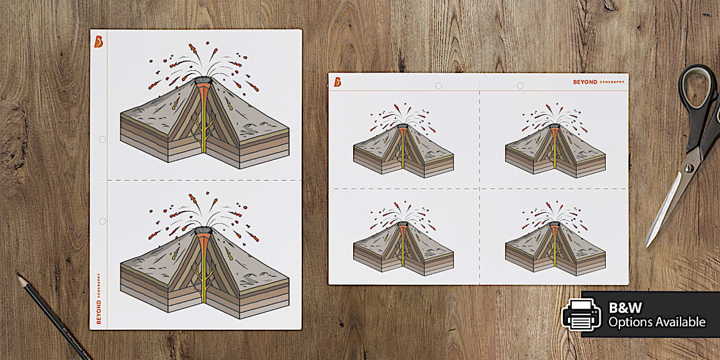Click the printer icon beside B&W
coord(581,315)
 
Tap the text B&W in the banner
coord(625,307)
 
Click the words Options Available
coord(657,322)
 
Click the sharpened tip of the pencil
coord(18,275)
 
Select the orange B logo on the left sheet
coord(99,42)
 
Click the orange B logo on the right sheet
coord(338,82)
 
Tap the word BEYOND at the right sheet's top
coord(585,82)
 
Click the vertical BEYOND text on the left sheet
coord(99,312)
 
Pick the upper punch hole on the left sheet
coord(102,139)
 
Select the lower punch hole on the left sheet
coord(102,221)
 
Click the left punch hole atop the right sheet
coord(438,86)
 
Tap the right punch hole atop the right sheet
coord(520,86)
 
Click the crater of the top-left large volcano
coord(203,81)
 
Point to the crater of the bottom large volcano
coord(203,230)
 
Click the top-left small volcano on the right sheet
coord(403,142)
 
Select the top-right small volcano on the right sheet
coord(555,142)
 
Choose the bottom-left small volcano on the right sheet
coord(403,239)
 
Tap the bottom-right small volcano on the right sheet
coord(555,239)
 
